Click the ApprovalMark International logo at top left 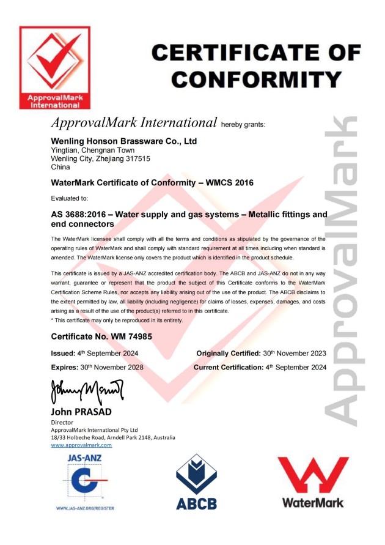point(54,67)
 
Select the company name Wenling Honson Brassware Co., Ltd point(123,141)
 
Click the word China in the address point(61,166)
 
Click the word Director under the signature point(62,422)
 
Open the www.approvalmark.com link point(81,445)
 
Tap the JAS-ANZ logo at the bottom point(85,480)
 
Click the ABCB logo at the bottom point(196,481)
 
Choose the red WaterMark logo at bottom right point(313,481)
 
